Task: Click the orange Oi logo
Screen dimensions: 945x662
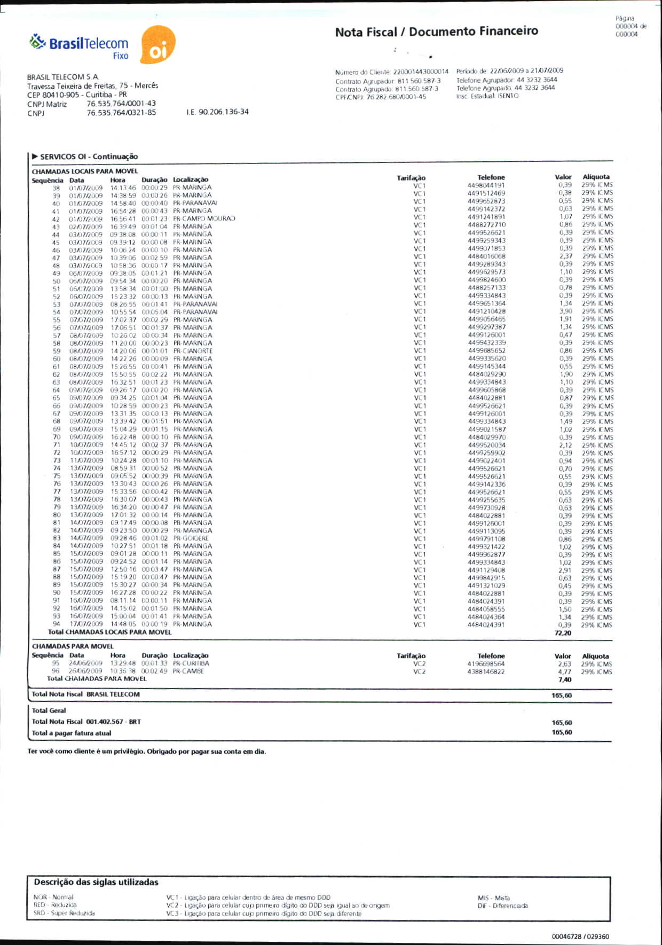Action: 157,45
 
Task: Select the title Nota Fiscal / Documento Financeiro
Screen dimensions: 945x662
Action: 436,32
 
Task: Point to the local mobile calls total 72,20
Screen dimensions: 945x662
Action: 563,633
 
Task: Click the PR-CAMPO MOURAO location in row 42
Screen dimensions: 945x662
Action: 204,218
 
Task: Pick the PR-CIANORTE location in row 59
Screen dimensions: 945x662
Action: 193,351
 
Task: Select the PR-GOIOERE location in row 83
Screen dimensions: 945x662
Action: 191,538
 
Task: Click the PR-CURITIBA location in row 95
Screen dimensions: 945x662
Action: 191,663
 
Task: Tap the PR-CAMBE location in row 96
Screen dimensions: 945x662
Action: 188,671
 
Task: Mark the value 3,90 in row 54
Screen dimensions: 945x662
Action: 565,311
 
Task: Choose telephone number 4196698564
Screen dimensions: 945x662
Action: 486,664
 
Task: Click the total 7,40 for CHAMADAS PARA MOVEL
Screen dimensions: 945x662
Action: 564,680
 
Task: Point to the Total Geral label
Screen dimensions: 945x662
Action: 49,710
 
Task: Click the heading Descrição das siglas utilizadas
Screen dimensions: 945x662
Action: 96,882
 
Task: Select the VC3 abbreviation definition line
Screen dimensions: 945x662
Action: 264,913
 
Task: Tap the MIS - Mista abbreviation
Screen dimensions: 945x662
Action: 494,898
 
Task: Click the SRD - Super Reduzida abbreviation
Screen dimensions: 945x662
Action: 64,913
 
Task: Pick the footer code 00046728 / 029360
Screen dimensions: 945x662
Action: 580,936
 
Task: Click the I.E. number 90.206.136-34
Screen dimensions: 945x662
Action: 217,112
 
